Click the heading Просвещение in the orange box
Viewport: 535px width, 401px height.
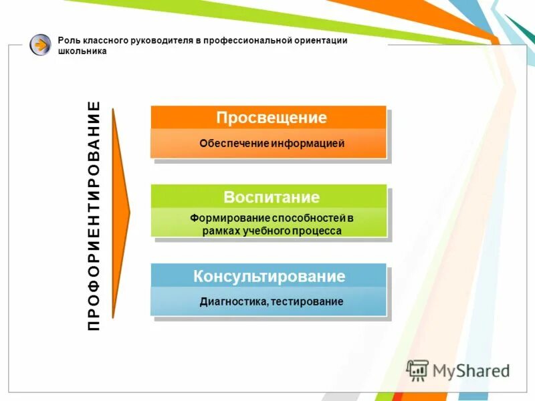click(x=271, y=118)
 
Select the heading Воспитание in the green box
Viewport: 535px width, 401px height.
click(x=272, y=197)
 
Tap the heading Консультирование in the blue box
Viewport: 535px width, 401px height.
click(x=270, y=276)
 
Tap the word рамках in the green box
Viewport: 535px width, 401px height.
click(x=217, y=231)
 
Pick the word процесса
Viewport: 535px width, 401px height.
click(x=320, y=231)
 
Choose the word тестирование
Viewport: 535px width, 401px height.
click(x=308, y=301)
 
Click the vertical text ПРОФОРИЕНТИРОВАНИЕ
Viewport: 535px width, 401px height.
click(x=94, y=215)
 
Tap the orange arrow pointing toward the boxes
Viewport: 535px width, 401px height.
click(x=120, y=213)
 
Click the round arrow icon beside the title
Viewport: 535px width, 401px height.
click(x=40, y=45)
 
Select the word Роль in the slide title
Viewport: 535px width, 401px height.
click(x=69, y=41)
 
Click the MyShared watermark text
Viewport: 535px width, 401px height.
click(x=471, y=370)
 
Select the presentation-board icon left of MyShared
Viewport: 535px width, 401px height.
click(x=418, y=370)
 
